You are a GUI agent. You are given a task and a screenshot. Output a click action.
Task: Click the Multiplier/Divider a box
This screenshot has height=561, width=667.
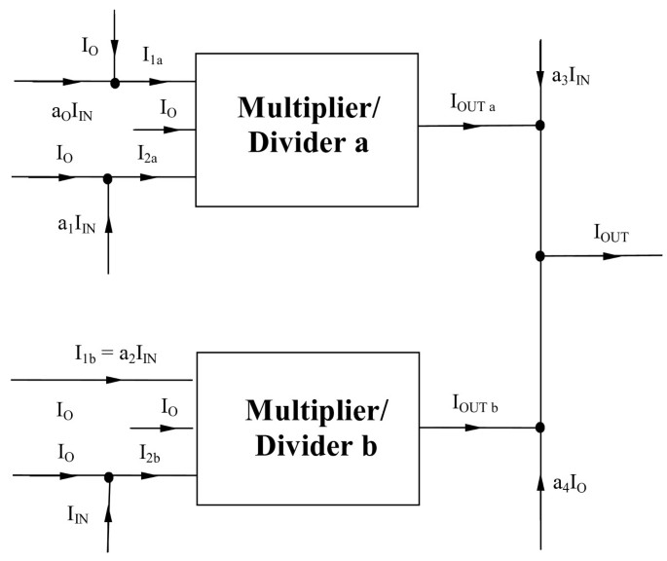[x=307, y=130]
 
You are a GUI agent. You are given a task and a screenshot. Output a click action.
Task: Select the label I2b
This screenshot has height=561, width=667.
[x=152, y=454]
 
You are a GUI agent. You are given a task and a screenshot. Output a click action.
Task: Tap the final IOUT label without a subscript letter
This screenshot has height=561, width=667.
[x=611, y=235]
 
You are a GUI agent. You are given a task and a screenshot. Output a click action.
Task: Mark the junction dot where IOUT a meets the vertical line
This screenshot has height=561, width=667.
[x=540, y=126]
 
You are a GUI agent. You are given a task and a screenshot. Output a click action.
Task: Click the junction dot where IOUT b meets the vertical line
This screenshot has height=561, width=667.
[x=540, y=427]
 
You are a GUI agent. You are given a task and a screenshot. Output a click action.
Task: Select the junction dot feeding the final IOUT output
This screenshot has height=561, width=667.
[x=540, y=256]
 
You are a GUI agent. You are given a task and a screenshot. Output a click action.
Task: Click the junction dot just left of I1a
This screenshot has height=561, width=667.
[x=116, y=83]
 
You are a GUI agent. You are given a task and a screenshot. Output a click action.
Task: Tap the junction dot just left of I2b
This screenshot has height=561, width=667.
[x=108, y=476]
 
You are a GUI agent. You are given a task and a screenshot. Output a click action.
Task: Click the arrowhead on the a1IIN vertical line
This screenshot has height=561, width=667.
[x=108, y=225]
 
